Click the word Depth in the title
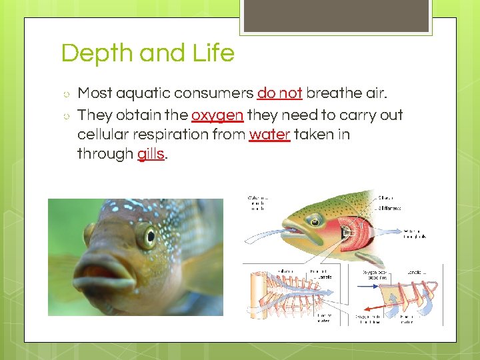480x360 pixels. (x=93, y=53)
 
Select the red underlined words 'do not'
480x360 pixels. (x=279, y=93)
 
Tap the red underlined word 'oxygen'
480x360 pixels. (x=217, y=115)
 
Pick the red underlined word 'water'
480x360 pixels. (x=269, y=134)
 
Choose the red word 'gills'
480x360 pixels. (x=151, y=154)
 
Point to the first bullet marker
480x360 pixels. (x=65, y=94)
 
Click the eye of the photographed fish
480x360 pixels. (x=146, y=235)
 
